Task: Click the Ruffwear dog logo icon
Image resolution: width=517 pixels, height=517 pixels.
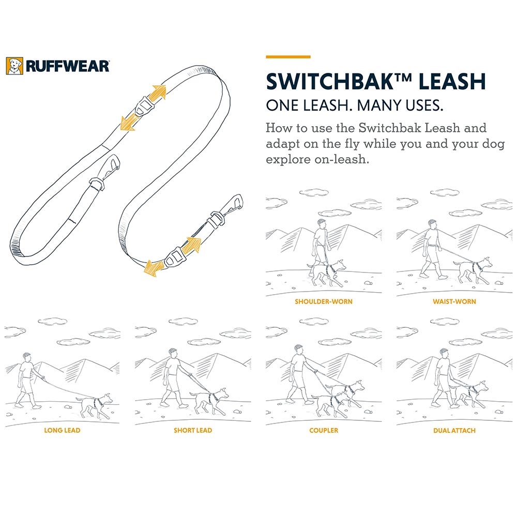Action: [14, 66]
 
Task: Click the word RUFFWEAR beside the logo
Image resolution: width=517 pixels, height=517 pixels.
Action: [67, 66]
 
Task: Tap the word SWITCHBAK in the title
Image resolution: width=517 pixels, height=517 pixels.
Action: [330, 82]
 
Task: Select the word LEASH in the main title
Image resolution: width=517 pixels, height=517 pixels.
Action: [452, 82]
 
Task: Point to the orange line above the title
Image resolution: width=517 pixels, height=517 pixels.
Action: [288, 57]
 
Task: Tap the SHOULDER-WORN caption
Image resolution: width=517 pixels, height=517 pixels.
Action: [324, 302]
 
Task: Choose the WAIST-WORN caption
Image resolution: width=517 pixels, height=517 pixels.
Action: [454, 302]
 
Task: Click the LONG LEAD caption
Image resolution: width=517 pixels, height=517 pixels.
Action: [63, 430]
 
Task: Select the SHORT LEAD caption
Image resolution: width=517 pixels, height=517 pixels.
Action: [193, 430]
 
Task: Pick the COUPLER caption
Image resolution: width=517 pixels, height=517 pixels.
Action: [324, 430]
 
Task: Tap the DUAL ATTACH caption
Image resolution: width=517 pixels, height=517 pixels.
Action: [454, 430]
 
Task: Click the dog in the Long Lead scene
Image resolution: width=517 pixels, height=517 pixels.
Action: [95, 405]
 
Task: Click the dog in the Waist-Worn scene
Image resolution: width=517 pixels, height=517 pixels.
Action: [473, 269]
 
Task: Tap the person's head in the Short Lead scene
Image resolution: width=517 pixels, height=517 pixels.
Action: [173, 354]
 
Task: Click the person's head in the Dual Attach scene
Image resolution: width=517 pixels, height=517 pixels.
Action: [445, 354]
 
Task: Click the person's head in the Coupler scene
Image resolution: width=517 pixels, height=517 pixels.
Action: [298, 350]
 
